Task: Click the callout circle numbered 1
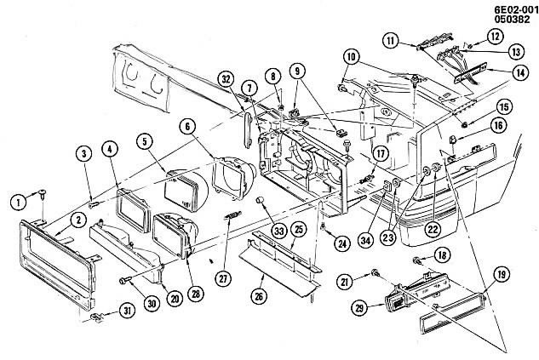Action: pyautogui.click(x=19, y=202)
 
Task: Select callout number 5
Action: pyautogui.click(x=145, y=140)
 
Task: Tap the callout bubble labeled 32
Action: pyautogui.click(x=226, y=80)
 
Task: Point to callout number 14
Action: pyautogui.click(x=520, y=72)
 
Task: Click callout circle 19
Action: pyautogui.click(x=502, y=274)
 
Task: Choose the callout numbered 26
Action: pyautogui.click(x=259, y=295)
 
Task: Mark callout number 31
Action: pyautogui.click(x=128, y=311)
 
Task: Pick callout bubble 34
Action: pyautogui.click(x=365, y=240)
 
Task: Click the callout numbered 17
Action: pyautogui.click(x=381, y=153)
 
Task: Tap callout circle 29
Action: pyautogui.click(x=359, y=308)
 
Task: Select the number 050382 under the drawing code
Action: pyautogui.click(x=513, y=20)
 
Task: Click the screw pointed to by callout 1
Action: pyautogui.click(x=43, y=193)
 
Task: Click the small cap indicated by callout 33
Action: pyautogui.click(x=261, y=200)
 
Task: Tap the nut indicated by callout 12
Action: pyautogui.click(x=470, y=45)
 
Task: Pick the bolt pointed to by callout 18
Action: pyautogui.click(x=416, y=260)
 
